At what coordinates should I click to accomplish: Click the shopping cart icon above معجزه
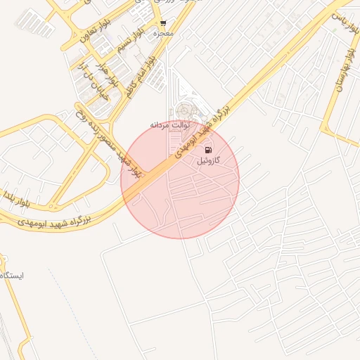click(163, 24)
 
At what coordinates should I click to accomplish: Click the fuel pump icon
click(207, 150)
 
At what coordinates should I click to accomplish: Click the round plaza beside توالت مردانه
click(185, 110)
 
